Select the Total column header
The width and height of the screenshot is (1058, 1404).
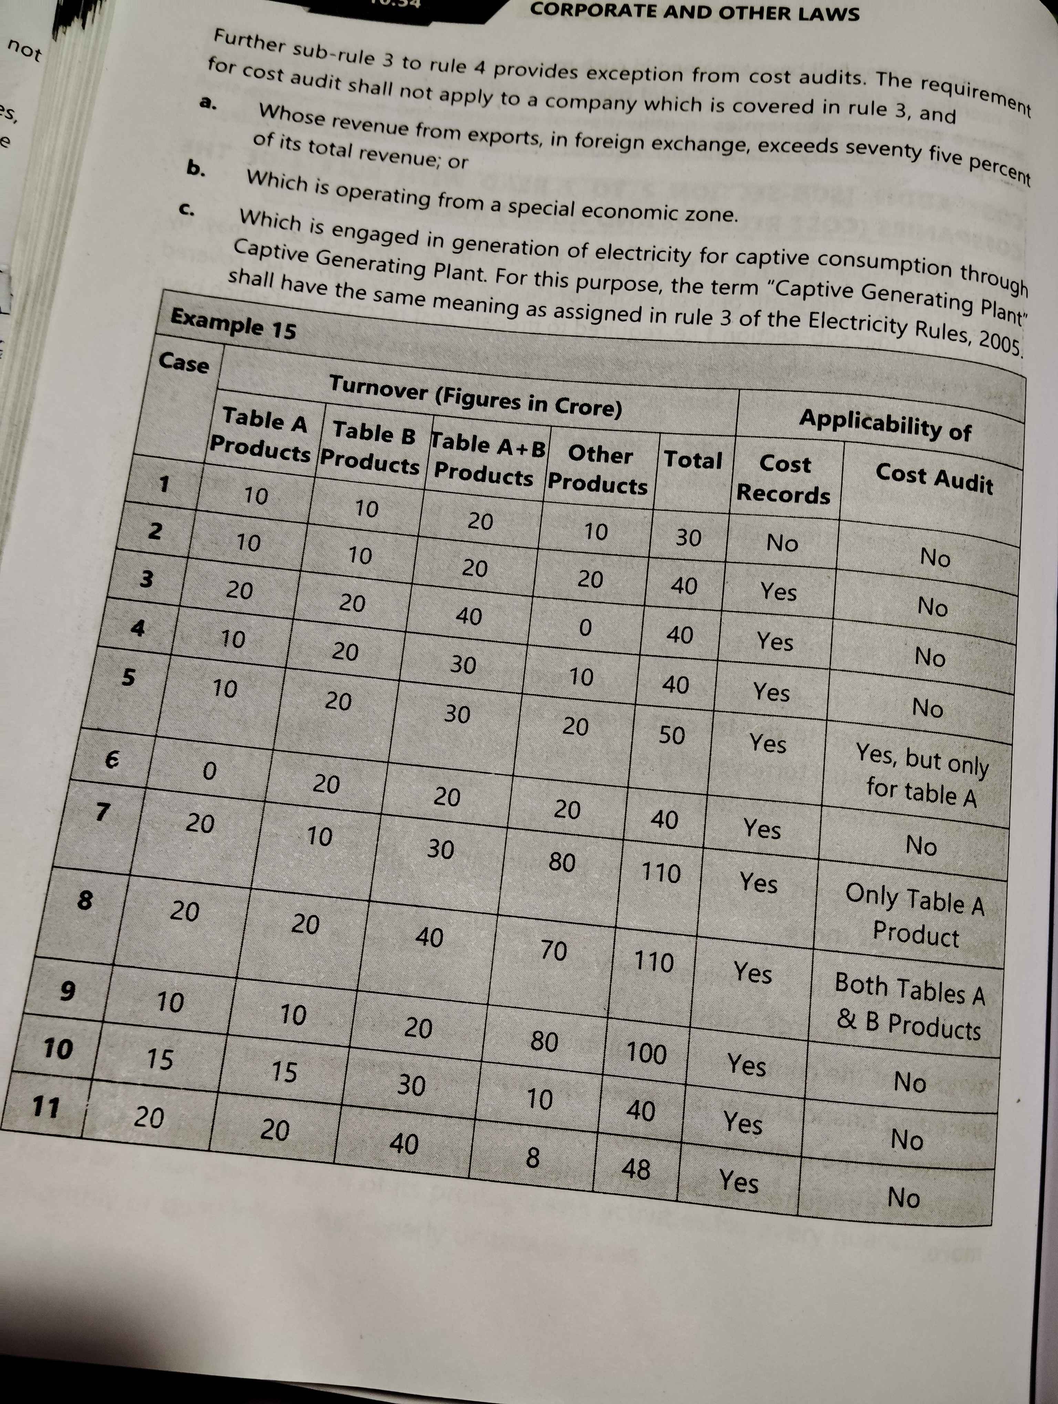pos(693,459)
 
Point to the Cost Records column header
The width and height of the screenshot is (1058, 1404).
pos(784,479)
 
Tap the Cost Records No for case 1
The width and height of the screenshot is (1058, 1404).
pos(782,543)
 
